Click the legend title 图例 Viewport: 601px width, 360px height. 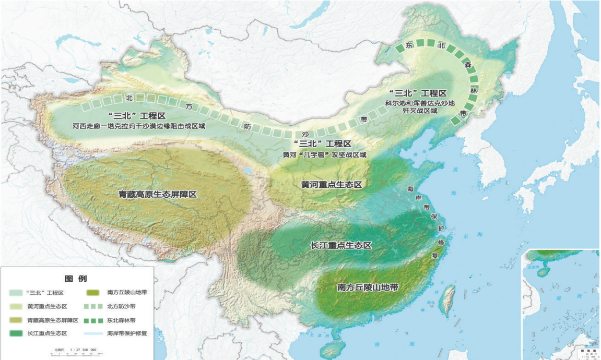coord(76,279)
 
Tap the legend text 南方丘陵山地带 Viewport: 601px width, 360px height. coord(127,293)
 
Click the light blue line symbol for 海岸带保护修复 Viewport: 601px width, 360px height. coord(93,333)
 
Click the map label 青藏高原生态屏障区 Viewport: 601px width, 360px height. coord(157,194)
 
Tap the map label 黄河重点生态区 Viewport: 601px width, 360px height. coord(332,185)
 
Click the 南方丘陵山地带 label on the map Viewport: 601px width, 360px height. coord(368,287)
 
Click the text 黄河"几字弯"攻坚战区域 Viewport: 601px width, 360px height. coord(324,154)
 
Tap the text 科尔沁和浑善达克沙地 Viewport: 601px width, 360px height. coord(419,103)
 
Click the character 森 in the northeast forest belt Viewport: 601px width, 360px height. coord(468,65)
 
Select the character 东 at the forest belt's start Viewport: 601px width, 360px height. coord(410,46)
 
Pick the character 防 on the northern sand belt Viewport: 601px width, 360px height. coord(248,126)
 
